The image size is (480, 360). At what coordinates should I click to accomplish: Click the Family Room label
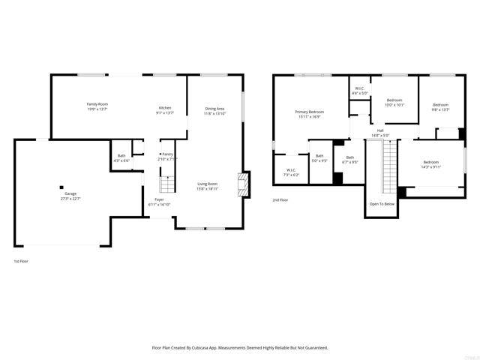[97, 104]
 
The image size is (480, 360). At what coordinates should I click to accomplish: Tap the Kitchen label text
[164, 108]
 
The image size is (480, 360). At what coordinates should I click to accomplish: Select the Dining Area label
[215, 109]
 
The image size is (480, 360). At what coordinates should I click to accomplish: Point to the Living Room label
[207, 184]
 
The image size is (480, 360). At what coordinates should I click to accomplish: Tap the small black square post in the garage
[62, 187]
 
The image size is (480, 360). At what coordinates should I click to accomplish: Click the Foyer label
[159, 199]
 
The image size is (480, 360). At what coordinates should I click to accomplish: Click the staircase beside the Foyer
[167, 184]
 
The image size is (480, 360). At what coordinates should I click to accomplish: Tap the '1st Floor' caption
[22, 261]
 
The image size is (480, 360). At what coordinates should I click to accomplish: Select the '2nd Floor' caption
[281, 200]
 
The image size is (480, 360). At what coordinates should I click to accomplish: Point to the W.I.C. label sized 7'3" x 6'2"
[292, 170]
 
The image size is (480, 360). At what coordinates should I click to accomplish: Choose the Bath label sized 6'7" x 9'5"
[349, 157]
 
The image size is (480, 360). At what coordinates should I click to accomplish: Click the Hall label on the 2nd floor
[380, 130]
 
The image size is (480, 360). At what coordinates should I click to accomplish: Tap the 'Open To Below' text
[382, 203]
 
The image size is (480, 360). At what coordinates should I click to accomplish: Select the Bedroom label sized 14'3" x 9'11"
[430, 163]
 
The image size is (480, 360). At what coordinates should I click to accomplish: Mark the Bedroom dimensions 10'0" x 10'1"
[394, 105]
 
